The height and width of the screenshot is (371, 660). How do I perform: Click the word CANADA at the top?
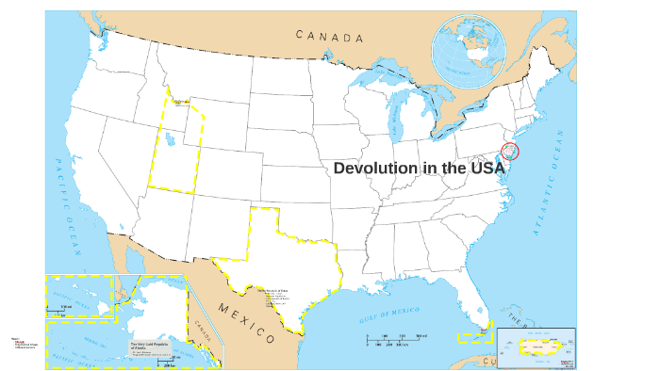pos(329,37)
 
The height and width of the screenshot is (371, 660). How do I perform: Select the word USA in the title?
pos(483,168)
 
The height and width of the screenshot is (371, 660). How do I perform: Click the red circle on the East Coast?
pos(510,151)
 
